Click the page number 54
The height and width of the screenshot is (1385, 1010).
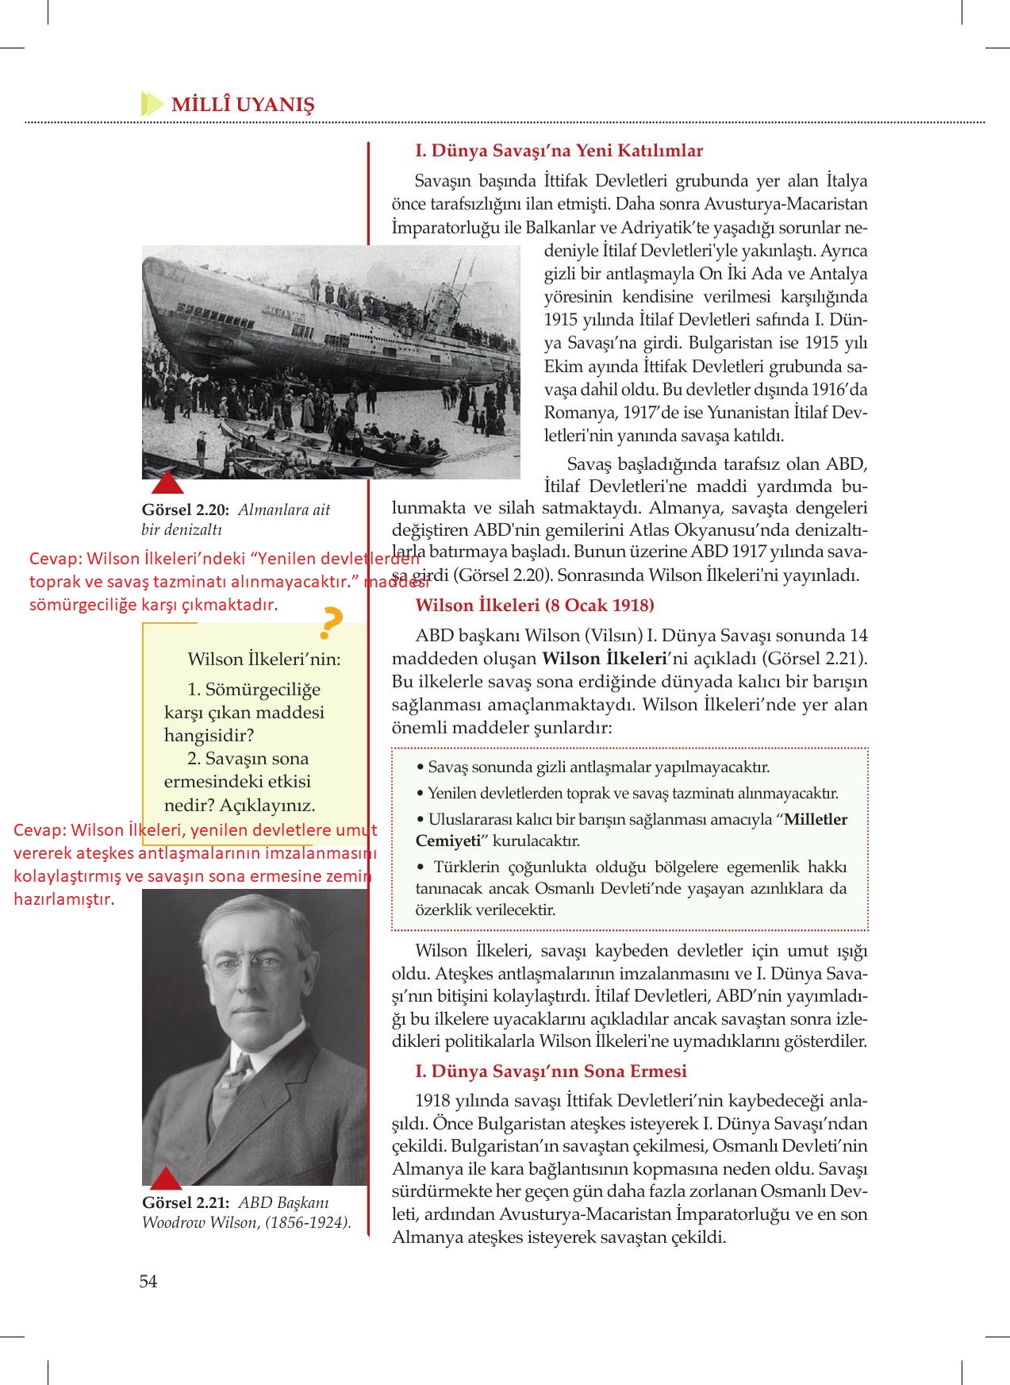[148, 1281]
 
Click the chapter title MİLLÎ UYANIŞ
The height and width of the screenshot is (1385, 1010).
[243, 105]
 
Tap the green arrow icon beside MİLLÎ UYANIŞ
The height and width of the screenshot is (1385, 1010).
[151, 104]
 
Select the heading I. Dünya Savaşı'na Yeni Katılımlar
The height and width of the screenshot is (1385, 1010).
[559, 150]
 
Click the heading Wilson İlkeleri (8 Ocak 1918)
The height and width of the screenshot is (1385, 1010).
[535, 605]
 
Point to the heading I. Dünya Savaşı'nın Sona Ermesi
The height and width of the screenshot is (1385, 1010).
[551, 1071]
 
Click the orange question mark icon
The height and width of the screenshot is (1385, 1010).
[330, 624]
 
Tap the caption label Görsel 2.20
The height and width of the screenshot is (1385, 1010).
[186, 510]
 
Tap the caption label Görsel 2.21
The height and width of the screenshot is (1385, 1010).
[186, 1202]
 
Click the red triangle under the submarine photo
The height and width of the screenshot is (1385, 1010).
[167, 483]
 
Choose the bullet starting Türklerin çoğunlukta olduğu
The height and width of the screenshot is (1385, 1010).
[631, 888]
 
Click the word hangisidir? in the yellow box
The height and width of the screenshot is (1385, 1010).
[209, 734]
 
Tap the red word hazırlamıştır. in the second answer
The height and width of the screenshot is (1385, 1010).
[64, 899]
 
